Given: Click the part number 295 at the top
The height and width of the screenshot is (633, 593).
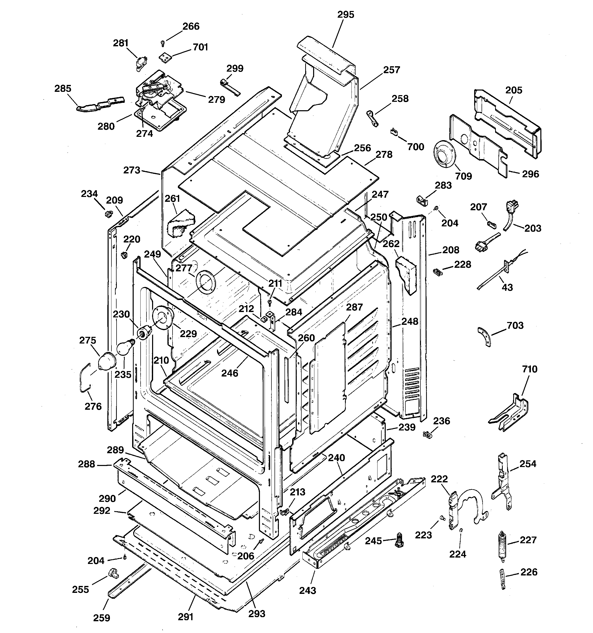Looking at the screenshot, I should click(x=345, y=15).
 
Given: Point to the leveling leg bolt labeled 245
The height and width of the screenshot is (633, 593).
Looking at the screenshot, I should click(x=398, y=540).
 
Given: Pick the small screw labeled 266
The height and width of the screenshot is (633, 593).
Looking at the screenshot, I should click(x=163, y=43).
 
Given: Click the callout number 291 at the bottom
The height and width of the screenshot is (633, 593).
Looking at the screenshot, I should click(x=186, y=617).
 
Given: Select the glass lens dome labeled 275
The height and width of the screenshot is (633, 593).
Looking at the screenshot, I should click(x=106, y=362).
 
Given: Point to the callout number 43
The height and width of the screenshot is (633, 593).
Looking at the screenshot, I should click(x=507, y=287).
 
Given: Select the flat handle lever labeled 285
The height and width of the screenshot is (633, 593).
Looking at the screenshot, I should click(x=100, y=104).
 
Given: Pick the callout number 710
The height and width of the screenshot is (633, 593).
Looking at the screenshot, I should click(x=529, y=369).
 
